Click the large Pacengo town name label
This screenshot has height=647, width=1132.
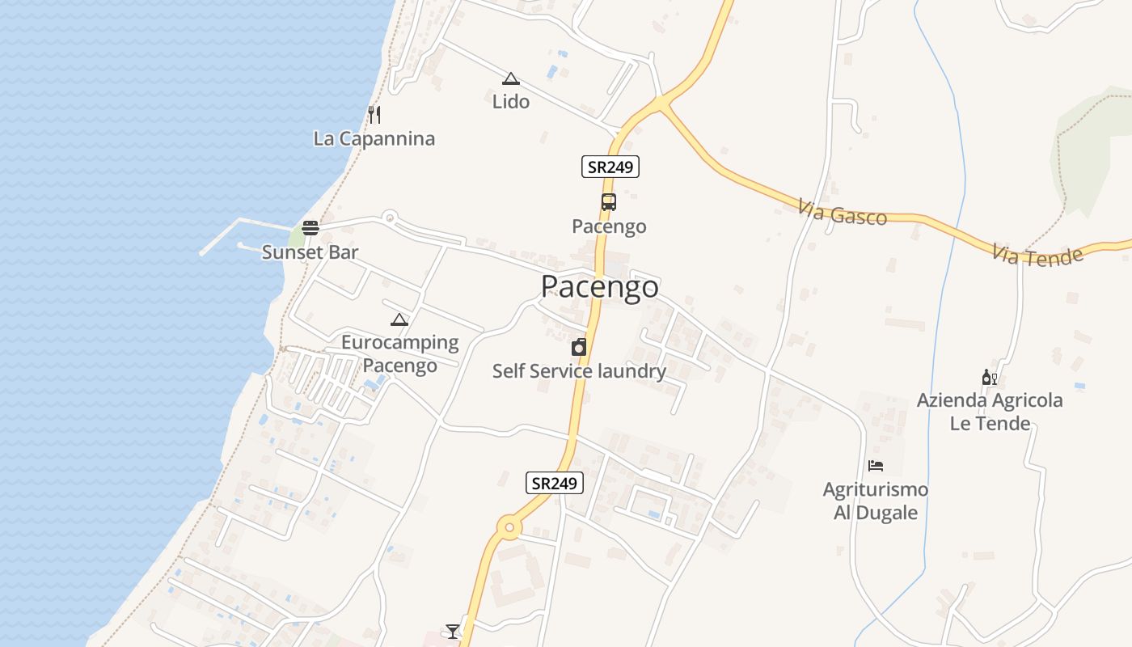599,287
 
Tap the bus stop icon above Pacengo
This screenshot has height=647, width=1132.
608,202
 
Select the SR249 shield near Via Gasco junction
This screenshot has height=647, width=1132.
610,167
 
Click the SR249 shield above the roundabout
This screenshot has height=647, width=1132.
554,484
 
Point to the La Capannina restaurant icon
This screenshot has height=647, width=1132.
374,114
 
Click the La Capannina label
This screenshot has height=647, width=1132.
374,138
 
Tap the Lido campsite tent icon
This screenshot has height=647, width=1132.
510,79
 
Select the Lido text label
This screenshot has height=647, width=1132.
511,102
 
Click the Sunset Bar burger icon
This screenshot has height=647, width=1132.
310,229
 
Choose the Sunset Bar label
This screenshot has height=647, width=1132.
310,252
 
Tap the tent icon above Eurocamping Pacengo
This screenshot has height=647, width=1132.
399,319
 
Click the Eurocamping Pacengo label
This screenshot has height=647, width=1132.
399,354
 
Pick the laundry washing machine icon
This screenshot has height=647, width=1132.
579,348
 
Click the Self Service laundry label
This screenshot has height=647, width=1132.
579,371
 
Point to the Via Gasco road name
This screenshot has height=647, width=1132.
842,214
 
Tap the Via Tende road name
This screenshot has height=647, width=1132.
1037,256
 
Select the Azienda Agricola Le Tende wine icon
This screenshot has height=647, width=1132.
990,378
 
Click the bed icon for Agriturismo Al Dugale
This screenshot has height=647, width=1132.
875,466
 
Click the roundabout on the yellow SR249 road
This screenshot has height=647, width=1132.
509,529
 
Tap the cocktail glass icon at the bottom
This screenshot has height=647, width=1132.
452,631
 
